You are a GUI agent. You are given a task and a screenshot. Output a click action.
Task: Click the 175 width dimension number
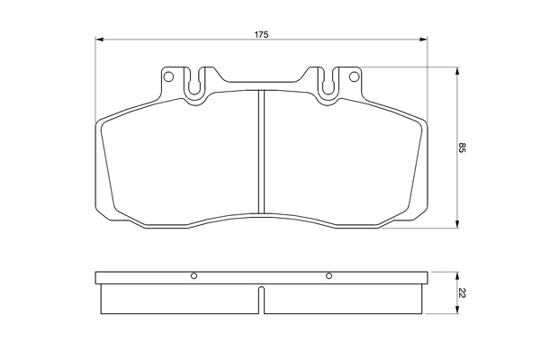[261, 34]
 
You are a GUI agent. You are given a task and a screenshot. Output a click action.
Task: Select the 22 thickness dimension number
[463, 292]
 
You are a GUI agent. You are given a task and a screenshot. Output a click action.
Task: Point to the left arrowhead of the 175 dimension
[100, 40]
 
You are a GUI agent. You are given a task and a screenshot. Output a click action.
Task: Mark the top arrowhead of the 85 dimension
[459, 72]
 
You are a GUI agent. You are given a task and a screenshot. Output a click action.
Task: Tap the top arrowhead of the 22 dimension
[459, 273]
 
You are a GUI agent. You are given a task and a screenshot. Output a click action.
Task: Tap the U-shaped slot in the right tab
[328, 82]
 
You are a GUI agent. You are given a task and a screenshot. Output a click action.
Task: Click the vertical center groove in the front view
[261, 148]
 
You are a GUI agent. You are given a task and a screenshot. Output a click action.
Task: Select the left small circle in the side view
[193, 275]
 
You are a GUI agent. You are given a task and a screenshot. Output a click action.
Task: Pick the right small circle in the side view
[328, 275]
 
